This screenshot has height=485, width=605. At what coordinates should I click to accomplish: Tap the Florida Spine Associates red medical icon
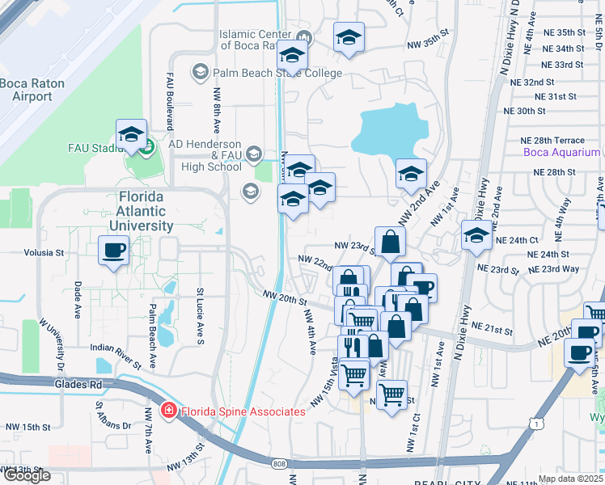click(168, 411)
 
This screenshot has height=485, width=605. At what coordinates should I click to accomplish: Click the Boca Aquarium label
click(561, 152)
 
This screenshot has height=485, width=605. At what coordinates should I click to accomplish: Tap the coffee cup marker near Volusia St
click(113, 249)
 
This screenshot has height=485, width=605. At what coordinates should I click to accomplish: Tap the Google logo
click(26, 476)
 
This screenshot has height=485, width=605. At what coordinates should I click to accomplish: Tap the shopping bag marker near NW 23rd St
click(389, 242)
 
